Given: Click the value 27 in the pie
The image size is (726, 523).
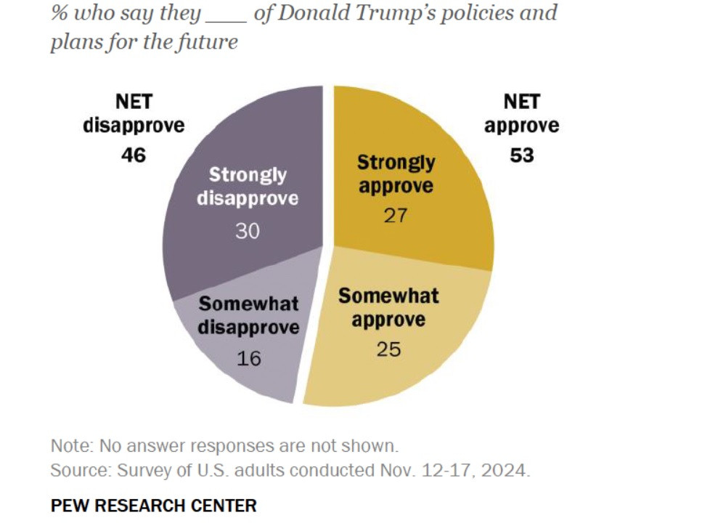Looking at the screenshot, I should pos(396,216).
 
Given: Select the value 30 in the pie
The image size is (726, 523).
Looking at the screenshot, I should pos(248,230).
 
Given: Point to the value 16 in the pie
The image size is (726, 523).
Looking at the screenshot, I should pos(249,357).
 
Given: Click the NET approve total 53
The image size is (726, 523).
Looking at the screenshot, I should pos(522,155).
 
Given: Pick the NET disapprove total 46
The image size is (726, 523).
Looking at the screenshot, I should pos(134,155).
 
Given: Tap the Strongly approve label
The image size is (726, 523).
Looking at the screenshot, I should pos(396,174).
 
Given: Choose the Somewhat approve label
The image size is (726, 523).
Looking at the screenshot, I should pos(388,307).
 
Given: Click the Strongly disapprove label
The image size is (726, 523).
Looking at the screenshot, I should pos(248,187).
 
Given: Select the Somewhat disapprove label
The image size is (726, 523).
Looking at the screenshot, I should pos(249,315).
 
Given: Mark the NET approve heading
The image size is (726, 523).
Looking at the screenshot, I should pos(522,113).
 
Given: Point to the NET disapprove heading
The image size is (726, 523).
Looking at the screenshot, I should pos(134,113).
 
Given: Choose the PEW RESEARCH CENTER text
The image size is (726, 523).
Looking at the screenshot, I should pos(153,505).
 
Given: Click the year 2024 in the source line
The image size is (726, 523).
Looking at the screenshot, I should pos(508,470).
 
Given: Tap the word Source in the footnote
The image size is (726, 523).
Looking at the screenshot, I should pos(77,470).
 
